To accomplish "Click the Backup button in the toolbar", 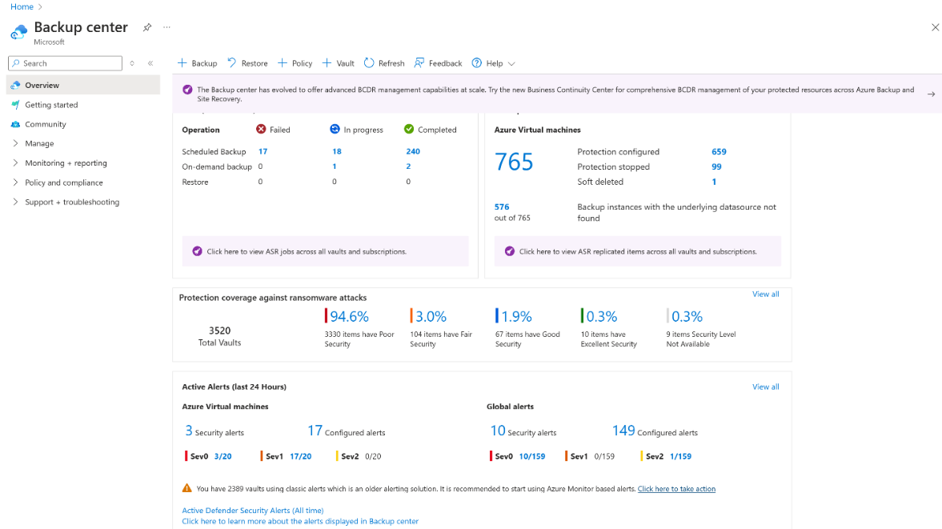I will pos(197,63).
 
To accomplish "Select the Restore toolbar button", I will pos(247,63).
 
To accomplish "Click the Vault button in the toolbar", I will pos(339,63).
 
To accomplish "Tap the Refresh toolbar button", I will pos(384,63).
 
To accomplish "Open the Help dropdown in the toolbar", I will pos(493,63).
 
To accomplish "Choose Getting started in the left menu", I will pos(51,105).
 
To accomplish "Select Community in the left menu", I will pos(46,124).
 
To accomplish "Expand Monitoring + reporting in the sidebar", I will pos(66,163).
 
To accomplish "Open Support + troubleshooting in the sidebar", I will pos(72,202).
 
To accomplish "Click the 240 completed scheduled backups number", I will pos(413,151).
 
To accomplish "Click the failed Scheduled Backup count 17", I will pos(263,151).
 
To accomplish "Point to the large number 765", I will pos(514,162).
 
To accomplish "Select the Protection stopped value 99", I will pos(716,166).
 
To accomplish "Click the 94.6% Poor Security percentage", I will pos(349,317).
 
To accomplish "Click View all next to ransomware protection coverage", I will pos(765,295).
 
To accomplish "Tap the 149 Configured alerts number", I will pos(623,431).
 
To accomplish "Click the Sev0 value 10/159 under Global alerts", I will pos(531,456).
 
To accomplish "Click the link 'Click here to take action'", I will pos(676,489).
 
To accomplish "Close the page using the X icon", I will pos(935,27).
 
